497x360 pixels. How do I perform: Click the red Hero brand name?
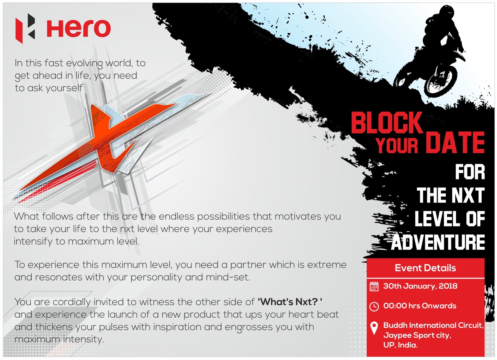78,28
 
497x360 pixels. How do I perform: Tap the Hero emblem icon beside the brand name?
25,28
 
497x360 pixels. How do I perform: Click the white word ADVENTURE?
438,242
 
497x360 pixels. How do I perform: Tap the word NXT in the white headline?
468,195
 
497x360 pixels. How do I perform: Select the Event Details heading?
425,268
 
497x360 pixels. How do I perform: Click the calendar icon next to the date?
374,286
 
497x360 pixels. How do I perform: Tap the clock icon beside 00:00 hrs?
374,307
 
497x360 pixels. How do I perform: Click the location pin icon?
374,328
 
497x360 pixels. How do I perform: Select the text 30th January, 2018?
420,286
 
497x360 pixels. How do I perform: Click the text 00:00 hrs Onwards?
420,306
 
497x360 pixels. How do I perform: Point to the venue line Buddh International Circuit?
433,325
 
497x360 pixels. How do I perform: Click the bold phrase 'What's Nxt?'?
290,302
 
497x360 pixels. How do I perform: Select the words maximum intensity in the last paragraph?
59,340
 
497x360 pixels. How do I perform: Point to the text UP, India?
401,345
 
